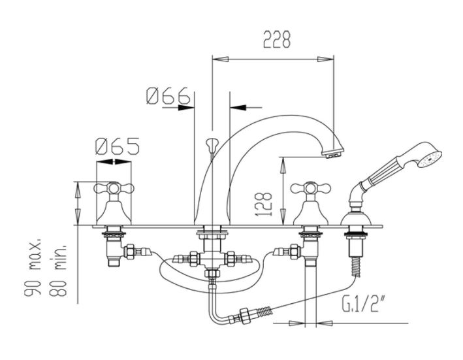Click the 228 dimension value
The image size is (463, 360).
(x=277, y=39)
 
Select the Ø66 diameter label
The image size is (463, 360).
(x=168, y=95)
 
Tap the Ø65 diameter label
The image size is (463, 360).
(x=118, y=146)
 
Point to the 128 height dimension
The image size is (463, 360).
(x=263, y=205)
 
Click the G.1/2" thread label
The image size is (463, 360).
(x=360, y=304)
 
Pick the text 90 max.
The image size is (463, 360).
(x=33, y=266)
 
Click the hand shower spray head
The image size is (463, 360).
(x=430, y=159)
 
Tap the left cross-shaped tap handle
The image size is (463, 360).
(x=114, y=188)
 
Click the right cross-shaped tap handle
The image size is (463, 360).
(x=310, y=188)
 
